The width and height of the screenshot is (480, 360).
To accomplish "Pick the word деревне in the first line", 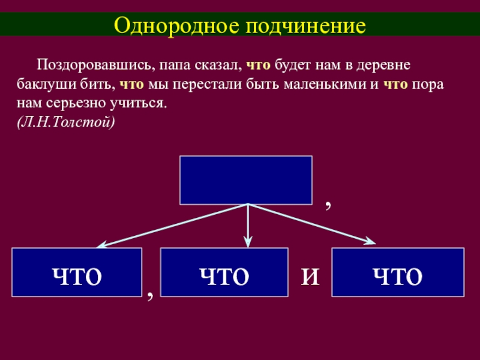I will click(x=388, y=64).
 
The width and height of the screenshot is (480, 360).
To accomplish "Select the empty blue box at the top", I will click(x=245, y=179).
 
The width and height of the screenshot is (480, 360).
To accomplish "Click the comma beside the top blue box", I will click(x=328, y=205).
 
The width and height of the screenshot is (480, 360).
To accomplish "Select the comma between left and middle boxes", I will click(x=151, y=293).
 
